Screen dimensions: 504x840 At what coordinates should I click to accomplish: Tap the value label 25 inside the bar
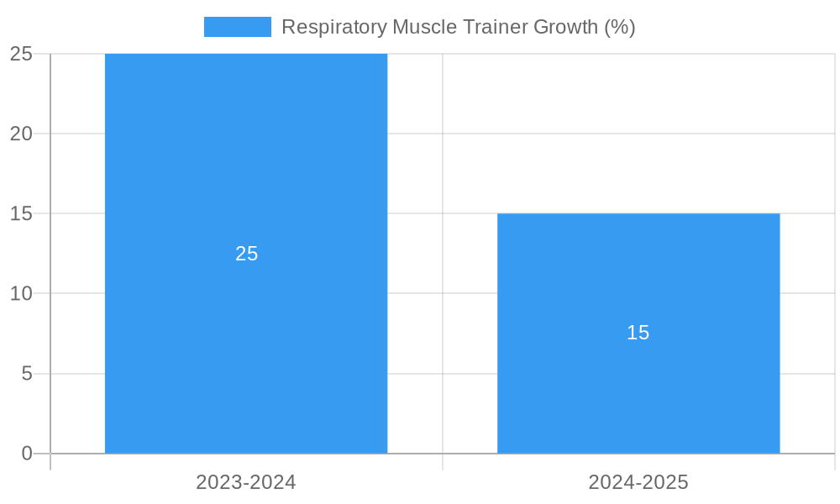tap(246, 254)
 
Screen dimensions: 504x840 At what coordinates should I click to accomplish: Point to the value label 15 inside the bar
tap(638, 333)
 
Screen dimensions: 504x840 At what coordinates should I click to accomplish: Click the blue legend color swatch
tap(238, 27)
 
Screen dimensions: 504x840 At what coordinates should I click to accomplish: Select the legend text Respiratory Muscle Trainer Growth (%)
tap(458, 27)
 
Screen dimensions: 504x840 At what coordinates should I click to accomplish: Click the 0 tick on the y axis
tap(26, 454)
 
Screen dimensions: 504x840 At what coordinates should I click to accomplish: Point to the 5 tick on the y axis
tap(26, 374)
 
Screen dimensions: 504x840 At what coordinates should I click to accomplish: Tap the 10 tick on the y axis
tap(21, 294)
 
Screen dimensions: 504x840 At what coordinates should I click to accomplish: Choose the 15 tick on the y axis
tap(21, 213)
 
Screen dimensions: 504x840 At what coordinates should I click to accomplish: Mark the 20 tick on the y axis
tap(21, 134)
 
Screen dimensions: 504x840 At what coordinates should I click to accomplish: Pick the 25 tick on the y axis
tap(21, 54)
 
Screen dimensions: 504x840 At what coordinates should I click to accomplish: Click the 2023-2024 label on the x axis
tap(246, 482)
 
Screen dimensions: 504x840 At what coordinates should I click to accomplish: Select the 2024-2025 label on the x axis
tap(638, 482)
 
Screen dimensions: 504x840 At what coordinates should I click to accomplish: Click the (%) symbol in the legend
tap(620, 27)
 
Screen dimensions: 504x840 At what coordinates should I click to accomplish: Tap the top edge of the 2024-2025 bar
tap(638, 214)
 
